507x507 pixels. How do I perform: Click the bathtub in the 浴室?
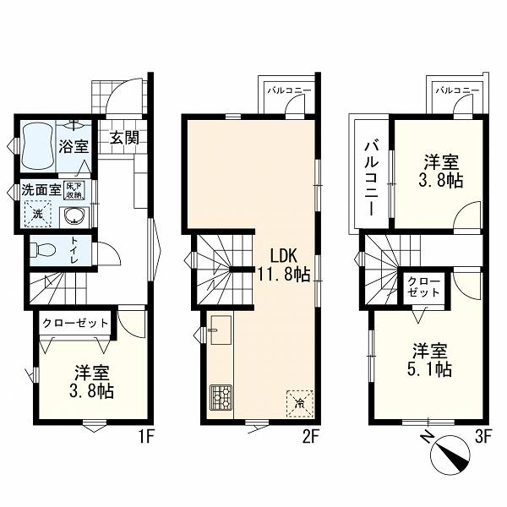coord(38,145)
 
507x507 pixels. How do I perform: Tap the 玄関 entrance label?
coord(124,138)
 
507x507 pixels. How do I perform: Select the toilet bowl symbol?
coord(43,249)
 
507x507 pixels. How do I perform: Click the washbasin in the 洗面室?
coord(75,215)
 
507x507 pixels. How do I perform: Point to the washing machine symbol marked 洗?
coord(38,213)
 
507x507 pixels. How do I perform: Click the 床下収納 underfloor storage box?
coord(75,190)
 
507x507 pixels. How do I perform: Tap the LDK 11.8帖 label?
coord(284,265)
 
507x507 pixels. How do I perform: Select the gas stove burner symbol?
coord(221,397)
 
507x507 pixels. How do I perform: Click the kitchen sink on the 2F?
coord(221,330)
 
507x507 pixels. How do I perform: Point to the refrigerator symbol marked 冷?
coord(300,404)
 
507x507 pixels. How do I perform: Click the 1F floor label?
coord(146,438)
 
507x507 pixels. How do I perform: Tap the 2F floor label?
coord(311,438)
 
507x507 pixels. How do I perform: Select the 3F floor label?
coord(483,438)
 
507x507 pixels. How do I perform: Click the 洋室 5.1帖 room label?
coord(430,360)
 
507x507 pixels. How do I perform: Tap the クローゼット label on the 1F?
coord(75,323)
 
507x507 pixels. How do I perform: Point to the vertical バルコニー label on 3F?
coord(371,177)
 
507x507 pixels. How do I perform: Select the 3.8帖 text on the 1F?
coord(91,391)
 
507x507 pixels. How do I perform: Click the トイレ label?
coord(74,251)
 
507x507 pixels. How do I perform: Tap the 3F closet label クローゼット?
coord(424,287)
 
